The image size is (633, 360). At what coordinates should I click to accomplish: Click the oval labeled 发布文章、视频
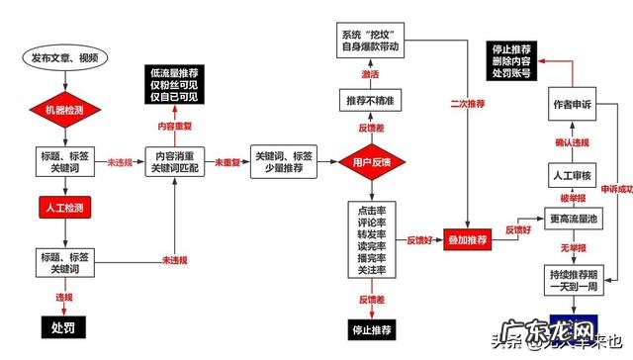[64, 58]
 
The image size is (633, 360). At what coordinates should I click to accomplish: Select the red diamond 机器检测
[64, 107]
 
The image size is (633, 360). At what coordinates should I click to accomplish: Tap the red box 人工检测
[64, 209]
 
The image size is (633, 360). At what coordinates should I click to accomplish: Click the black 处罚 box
[64, 325]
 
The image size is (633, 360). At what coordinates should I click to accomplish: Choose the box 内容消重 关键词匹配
[174, 162]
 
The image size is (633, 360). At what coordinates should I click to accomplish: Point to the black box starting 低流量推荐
[174, 85]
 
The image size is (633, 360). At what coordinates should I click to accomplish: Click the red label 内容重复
[174, 127]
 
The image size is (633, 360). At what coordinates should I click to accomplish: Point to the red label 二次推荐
[467, 102]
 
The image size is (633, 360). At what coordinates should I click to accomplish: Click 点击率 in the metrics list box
[372, 212]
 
